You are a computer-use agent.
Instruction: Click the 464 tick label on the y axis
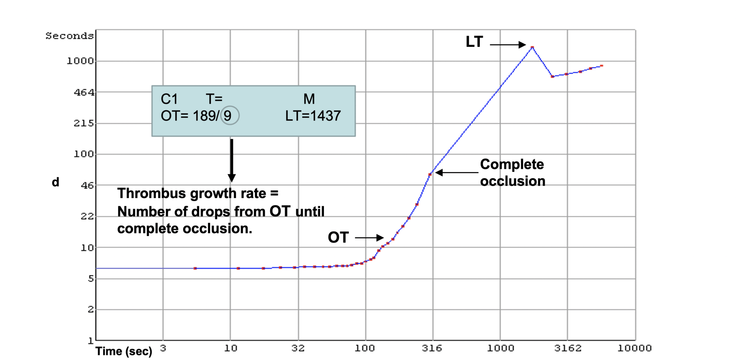tap(84, 92)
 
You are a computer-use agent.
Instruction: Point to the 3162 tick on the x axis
tap(568, 348)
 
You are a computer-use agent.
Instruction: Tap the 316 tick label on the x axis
tap(432, 348)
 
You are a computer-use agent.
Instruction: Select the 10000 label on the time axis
tap(634, 348)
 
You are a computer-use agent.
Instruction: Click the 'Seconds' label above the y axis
tap(69, 36)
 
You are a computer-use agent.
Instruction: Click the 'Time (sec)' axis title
tap(124, 351)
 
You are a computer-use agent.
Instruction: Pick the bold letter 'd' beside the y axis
tap(56, 182)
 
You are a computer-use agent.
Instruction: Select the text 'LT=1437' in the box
tap(313, 116)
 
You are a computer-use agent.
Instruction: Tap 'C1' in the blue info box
tap(169, 99)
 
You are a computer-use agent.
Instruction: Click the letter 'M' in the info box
tap(309, 99)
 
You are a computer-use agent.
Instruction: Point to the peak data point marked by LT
tap(532, 47)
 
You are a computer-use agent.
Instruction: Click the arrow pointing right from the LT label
tap(507, 45)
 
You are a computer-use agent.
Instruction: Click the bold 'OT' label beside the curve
tap(338, 238)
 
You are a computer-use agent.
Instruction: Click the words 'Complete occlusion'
tap(512, 173)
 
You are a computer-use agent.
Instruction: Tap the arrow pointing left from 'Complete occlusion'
tap(457, 173)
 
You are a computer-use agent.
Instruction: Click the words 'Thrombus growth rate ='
tap(198, 193)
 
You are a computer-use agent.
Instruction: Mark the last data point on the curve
tap(602, 66)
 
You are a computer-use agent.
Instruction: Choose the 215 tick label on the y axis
tap(84, 123)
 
